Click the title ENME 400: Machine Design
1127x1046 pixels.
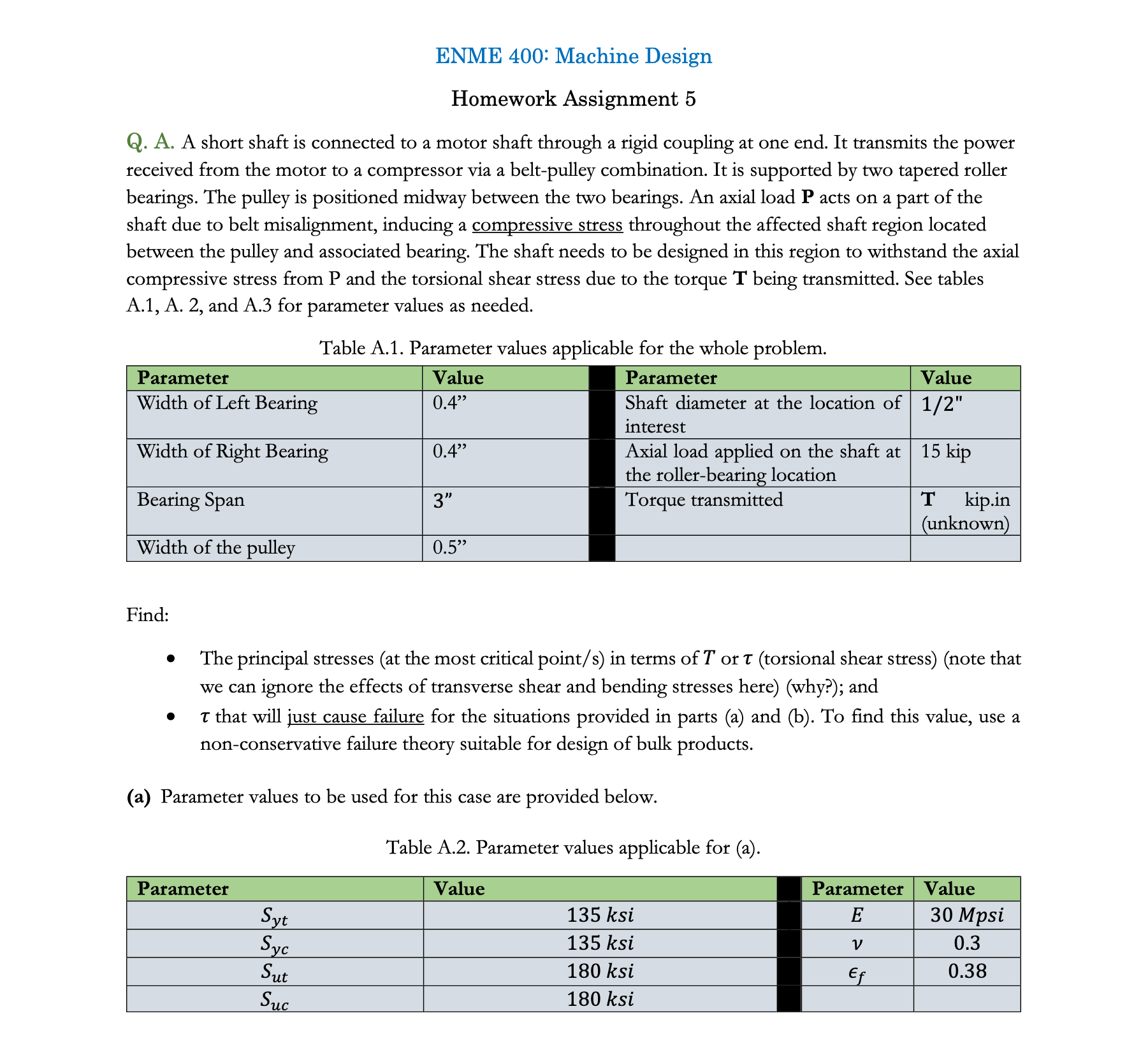click(573, 56)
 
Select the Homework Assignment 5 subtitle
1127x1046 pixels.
click(573, 99)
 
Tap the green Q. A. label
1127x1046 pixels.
click(150, 142)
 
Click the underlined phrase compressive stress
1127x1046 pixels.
click(547, 225)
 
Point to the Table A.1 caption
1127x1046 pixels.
click(573, 348)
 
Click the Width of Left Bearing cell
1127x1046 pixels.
click(227, 403)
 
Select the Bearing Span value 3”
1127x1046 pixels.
click(442, 501)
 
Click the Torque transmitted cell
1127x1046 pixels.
click(704, 499)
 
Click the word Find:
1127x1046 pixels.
click(147, 615)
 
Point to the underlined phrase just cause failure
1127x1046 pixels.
click(356, 717)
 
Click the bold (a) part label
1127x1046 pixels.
click(138, 797)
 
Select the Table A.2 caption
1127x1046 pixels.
click(573, 847)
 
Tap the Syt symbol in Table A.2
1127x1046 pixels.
click(275, 916)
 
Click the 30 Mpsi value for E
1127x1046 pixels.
click(966, 915)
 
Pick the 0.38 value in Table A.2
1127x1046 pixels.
click(967, 971)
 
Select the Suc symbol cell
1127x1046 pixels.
click(275, 999)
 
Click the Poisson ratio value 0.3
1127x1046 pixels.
click(967, 943)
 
